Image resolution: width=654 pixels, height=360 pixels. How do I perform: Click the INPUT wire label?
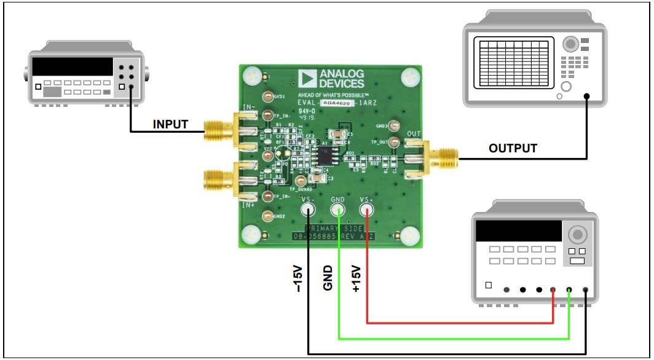(x=170, y=124)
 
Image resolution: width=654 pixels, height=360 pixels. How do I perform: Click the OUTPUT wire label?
(x=513, y=148)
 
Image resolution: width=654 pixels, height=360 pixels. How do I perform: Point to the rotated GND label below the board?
(x=328, y=278)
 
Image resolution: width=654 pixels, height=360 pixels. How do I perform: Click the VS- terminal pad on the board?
(x=308, y=210)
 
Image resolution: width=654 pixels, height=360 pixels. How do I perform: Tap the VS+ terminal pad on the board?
(x=367, y=210)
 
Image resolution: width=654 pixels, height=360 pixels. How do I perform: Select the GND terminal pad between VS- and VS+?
(x=338, y=210)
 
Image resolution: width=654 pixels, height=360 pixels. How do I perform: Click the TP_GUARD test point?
(x=301, y=181)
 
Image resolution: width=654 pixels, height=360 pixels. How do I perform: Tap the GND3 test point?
(x=395, y=125)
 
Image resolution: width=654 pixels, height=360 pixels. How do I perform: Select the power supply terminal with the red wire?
(x=554, y=290)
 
